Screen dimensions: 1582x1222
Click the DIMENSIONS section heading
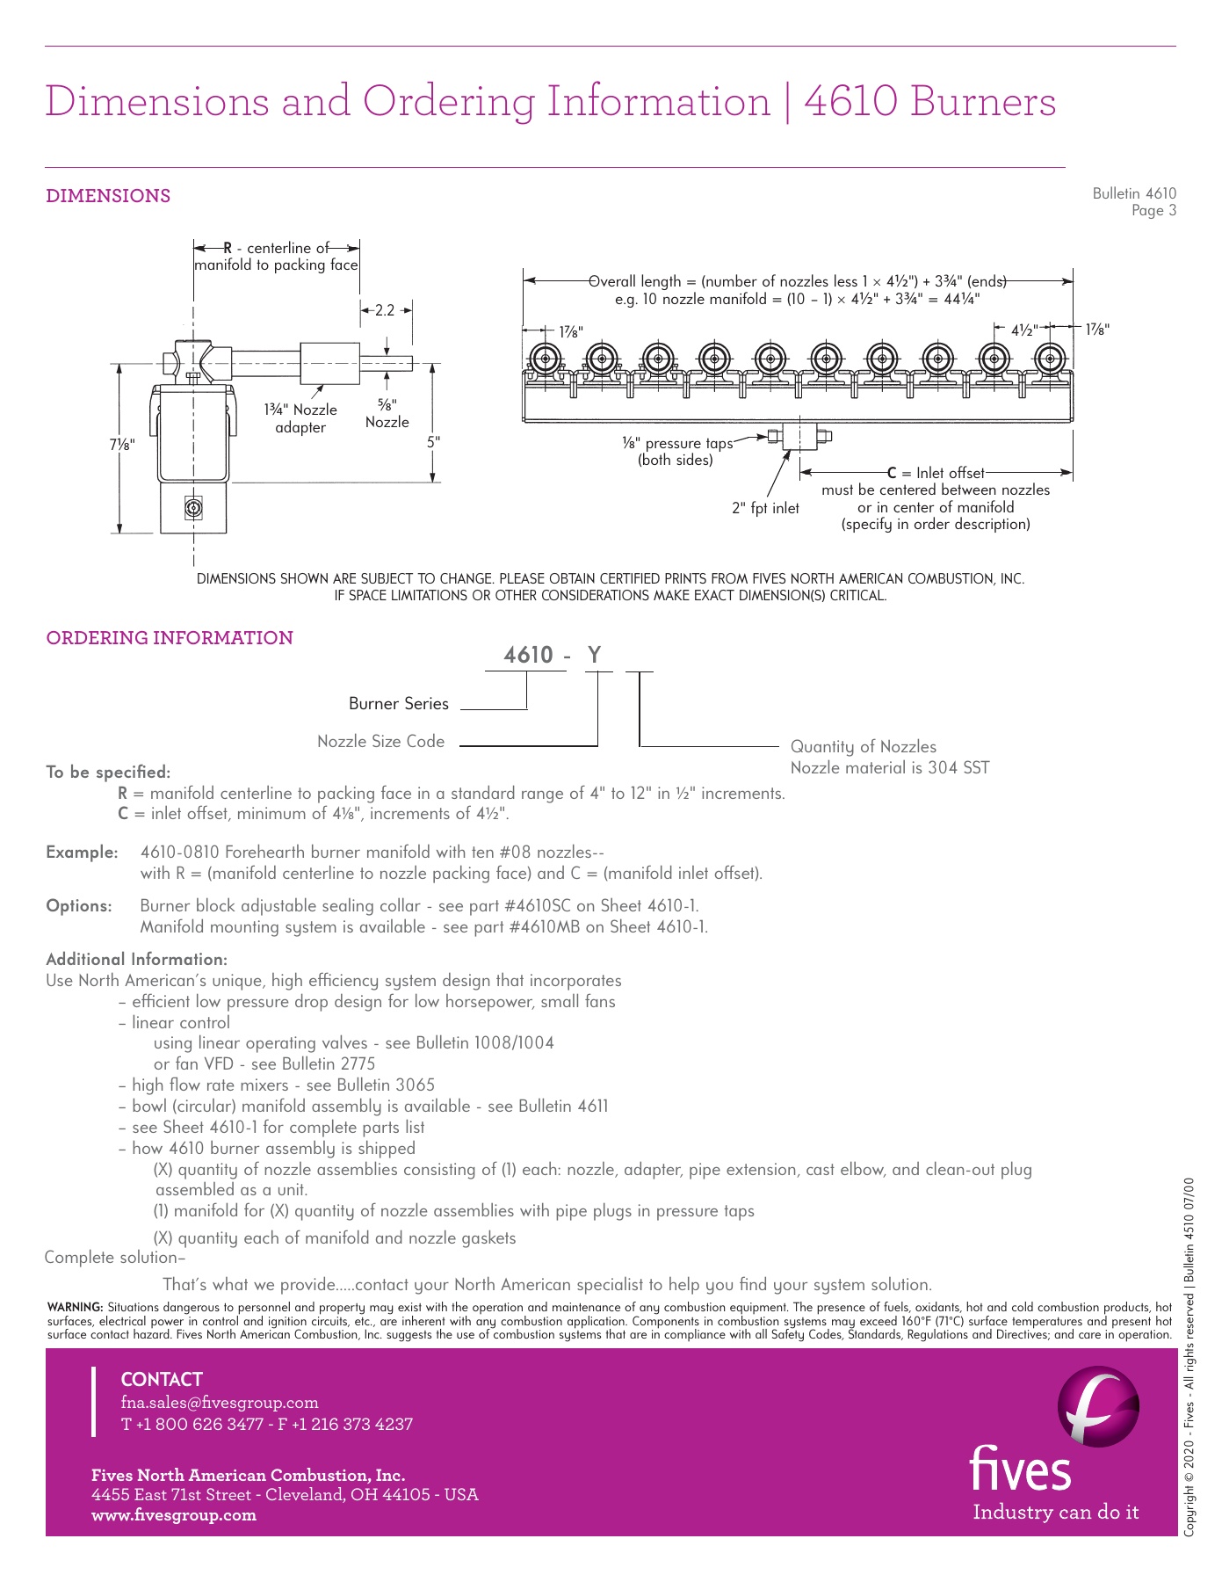point(108,196)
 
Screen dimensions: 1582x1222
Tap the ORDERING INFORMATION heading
point(170,638)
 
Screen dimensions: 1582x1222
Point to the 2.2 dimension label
point(385,310)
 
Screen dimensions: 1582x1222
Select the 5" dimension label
point(433,442)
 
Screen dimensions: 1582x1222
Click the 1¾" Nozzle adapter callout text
point(300,418)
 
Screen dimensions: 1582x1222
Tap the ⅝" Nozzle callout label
point(387,413)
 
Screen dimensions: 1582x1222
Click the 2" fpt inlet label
point(765,508)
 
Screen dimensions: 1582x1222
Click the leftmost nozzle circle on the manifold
point(546,359)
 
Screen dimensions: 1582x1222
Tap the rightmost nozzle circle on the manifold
point(1049,359)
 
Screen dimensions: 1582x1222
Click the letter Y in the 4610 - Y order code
point(595,655)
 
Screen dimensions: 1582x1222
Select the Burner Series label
point(399,704)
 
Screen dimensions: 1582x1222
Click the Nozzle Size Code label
point(381,742)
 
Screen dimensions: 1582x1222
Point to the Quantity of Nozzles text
point(864,747)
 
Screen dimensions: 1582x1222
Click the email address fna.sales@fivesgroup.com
point(220,1403)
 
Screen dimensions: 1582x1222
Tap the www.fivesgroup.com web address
point(174,1515)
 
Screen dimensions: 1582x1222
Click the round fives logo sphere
point(1098,1406)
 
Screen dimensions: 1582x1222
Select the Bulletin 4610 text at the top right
point(1133,193)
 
